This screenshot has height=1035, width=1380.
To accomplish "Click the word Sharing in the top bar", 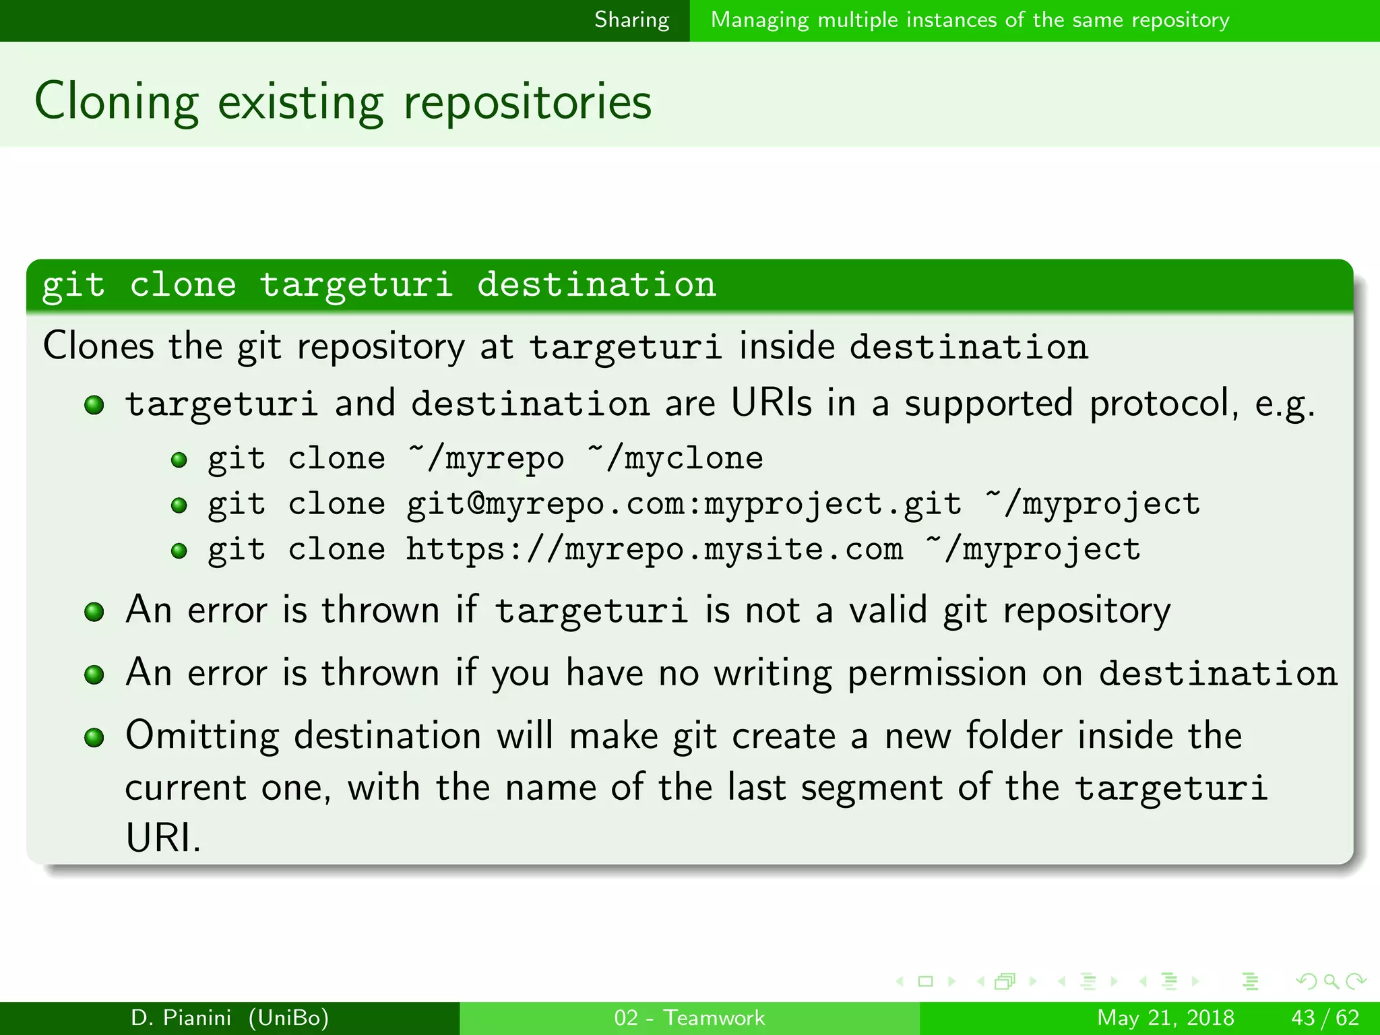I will coord(631,20).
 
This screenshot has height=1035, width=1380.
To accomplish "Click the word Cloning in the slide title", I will coord(117,102).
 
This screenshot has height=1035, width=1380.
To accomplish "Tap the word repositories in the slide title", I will coord(527,102).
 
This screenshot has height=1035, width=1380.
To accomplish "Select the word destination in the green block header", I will coord(596,284).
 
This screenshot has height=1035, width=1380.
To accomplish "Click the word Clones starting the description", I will coord(98,346).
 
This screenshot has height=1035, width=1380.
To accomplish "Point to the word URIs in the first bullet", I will coord(772,404).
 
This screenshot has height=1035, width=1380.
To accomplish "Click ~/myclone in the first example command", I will coord(675,459).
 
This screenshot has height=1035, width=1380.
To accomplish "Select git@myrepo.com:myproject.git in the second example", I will coord(683,504).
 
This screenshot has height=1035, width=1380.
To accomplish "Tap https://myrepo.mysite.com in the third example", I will coord(654,549).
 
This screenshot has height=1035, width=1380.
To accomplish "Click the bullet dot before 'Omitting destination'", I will coord(94,737).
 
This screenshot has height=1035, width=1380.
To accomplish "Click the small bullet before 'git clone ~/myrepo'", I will coord(179,460).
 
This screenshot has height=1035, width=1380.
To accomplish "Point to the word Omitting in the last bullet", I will coord(202,735).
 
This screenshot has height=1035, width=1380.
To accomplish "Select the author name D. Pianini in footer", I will coord(181,1017).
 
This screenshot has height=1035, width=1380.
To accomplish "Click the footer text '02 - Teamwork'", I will coord(689,1017).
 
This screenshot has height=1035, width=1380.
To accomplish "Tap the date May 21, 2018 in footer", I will coord(1165,1017).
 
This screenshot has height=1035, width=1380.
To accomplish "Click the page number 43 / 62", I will coord(1325,1017).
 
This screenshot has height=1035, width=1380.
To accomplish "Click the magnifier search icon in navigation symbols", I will coord(1331,981).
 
